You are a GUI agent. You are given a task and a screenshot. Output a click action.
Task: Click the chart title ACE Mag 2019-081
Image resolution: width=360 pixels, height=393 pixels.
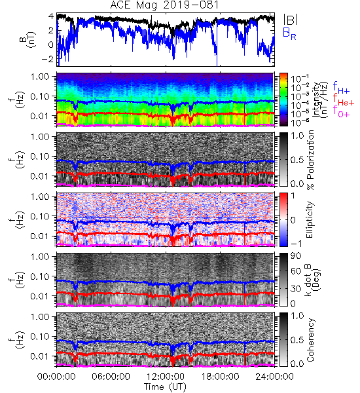pyautogui.click(x=164, y=5)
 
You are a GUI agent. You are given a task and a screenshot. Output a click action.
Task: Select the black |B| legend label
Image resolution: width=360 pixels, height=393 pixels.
pyautogui.click(x=291, y=19)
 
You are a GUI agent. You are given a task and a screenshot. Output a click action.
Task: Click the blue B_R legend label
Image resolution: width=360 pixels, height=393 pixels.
pyautogui.click(x=289, y=34)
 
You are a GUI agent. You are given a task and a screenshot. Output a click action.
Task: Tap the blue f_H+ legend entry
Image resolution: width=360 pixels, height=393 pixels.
pyautogui.click(x=341, y=88)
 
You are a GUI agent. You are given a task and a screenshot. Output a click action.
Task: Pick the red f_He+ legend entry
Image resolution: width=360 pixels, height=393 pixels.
pyautogui.click(x=344, y=100)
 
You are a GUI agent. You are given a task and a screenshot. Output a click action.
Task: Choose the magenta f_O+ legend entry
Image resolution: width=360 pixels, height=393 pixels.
pyautogui.click(x=341, y=111)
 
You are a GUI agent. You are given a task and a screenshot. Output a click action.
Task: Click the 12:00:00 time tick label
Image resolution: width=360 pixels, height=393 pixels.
pyautogui.click(x=166, y=377)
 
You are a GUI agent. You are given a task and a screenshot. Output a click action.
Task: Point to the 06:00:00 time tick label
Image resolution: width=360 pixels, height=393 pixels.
pyautogui.click(x=111, y=377)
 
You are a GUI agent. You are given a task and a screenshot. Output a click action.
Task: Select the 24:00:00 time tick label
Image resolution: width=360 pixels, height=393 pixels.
pyautogui.click(x=274, y=377)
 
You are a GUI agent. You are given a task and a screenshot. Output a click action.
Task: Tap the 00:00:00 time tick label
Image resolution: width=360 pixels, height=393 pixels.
pyautogui.click(x=56, y=377)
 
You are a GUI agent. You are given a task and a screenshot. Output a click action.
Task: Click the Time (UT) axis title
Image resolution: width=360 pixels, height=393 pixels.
pyautogui.click(x=165, y=386)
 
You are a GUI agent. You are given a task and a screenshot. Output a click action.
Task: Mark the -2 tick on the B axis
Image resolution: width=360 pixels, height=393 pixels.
pyautogui.click(x=48, y=59)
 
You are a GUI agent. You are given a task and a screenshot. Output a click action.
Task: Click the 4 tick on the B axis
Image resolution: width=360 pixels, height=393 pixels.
pyautogui.click(x=51, y=16)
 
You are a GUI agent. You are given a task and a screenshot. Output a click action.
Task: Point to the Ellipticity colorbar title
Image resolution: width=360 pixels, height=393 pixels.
pyautogui.click(x=310, y=219)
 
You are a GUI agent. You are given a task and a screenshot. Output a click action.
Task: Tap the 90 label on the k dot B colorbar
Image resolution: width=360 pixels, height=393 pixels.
pyautogui.click(x=296, y=255)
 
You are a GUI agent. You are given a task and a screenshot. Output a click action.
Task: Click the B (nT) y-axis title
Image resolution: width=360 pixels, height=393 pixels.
pyautogui.click(x=29, y=39)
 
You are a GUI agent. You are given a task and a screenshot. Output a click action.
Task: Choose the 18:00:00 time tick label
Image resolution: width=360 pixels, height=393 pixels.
pyautogui.click(x=220, y=377)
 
